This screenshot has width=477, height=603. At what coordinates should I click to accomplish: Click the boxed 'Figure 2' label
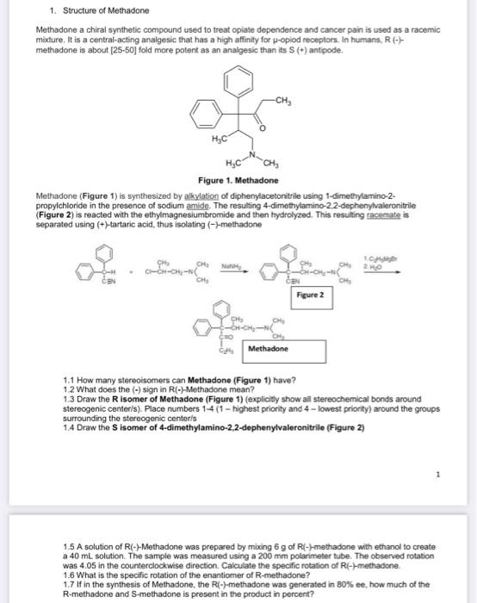308,294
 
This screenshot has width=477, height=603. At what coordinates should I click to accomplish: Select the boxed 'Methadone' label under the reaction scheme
268,349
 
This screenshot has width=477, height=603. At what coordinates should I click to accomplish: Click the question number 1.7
69,586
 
